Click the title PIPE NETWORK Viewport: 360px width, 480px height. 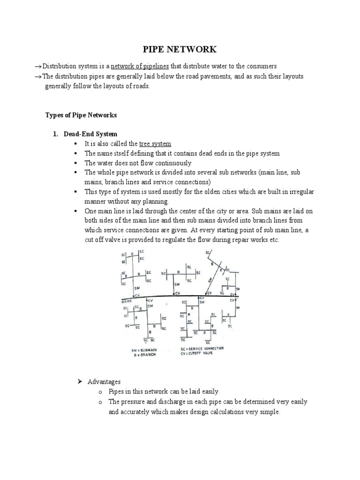(180, 49)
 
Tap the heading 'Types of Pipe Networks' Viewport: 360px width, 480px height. (81, 115)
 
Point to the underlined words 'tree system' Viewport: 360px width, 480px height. (155, 144)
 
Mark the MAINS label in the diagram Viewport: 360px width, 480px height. (126, 301)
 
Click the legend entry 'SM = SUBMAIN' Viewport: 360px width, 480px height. (143, 350)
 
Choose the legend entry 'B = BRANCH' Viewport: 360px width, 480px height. (144, 355)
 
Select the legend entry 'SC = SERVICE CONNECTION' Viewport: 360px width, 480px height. (202, 349)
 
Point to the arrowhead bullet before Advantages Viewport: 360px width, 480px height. (80, 382)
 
